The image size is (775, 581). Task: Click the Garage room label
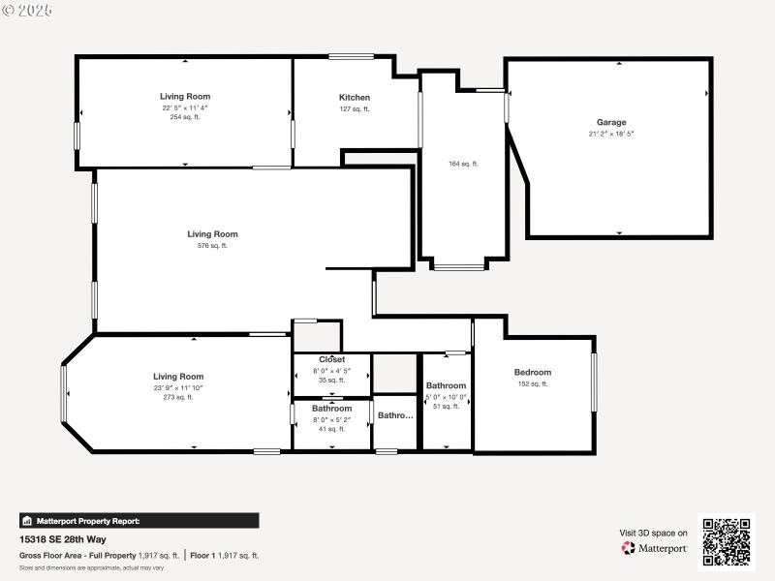tap(611, 122)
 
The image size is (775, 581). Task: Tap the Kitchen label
tap(355, 98)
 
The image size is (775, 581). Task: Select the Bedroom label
tap(533, 373)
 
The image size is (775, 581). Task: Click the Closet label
tap(332, 360)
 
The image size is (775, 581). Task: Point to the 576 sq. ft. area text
tap(212, 246)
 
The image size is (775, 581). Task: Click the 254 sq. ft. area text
tap(185, 117)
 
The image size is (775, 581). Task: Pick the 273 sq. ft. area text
tap(178, 397)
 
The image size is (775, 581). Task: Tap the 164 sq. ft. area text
tap(463, 164)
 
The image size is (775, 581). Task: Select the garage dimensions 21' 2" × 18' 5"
tap(611, 134)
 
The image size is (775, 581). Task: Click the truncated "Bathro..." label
tap(395, 415)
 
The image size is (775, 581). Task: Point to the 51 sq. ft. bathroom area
tap(447, 407)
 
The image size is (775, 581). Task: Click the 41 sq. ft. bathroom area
tap(332, 429)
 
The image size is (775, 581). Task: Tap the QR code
tap(727, 542)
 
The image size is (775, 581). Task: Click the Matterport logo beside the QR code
tap(655, 548)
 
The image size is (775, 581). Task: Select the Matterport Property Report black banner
tap(139, 521)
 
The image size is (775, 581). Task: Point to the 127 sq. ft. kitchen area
tap(355, 109)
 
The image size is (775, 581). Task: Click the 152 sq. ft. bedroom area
tap(533, 384)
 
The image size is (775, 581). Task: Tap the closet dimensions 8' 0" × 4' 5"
tap(332, 371)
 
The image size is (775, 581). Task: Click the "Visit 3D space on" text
tap(654, 533)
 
